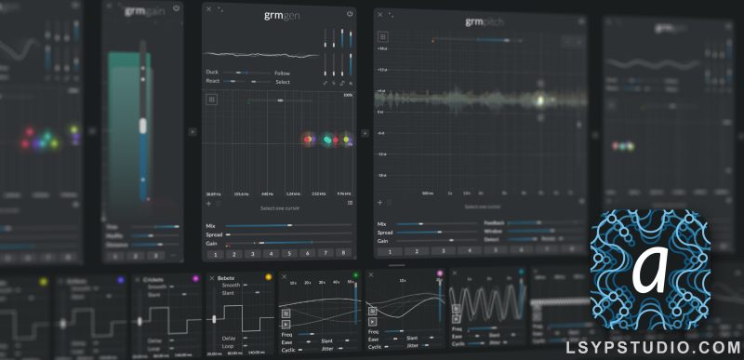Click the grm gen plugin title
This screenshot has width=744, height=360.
[280, 14]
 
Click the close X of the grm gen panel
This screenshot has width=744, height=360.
[209, 9]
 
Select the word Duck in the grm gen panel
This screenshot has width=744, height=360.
[214, 72]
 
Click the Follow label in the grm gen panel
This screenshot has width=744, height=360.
[283, 73]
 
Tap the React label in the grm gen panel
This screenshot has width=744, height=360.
[214, 82]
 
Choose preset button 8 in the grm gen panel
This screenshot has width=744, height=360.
[343, 253]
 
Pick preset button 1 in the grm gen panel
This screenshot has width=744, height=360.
[215, 253]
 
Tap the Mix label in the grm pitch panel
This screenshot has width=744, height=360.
[381, 224]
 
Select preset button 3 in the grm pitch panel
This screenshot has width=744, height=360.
[442, 250]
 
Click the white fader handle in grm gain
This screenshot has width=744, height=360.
[143, 125]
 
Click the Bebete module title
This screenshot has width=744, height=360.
[226, 278]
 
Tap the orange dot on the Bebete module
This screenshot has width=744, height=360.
[269, 277]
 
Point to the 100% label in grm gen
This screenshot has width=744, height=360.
[348, 94]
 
